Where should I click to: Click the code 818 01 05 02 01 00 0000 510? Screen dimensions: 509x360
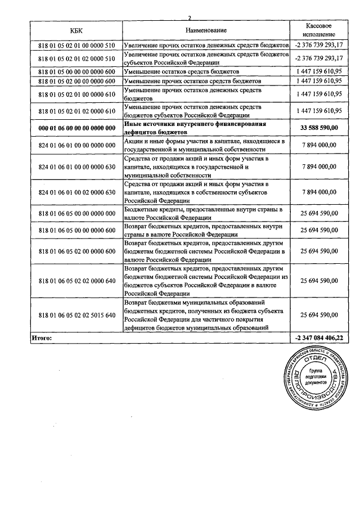(76, 45)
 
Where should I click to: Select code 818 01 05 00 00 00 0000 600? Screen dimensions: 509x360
(76, 72)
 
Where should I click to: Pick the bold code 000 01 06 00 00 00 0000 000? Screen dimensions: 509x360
(76, 128)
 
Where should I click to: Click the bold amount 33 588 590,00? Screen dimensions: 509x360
(318, 128)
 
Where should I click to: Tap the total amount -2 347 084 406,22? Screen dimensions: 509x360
(318, 338)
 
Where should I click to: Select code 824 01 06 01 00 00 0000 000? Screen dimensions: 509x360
(76, 145)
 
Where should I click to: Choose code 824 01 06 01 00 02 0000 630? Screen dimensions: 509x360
(76, 192)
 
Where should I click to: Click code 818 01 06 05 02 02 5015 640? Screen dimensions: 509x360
(76, 315)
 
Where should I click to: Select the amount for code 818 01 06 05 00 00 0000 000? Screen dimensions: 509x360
(318, 214)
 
